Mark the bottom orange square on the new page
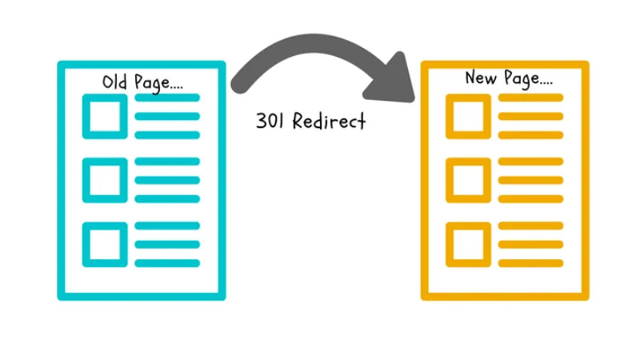pos(468,243)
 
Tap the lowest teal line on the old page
pos(167,262)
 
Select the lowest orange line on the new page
pos(530,262)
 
